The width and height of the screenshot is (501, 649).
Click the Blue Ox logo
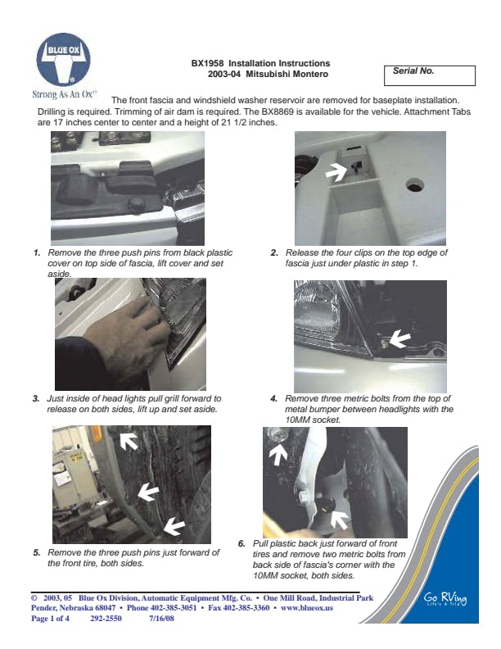pos(63,59)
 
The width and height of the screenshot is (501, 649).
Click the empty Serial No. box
pos(430,75)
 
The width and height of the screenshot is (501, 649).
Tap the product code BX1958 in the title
pos(207,63)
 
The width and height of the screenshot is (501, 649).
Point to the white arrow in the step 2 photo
pos(336,170)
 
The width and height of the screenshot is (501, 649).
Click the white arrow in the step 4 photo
pos(399,339)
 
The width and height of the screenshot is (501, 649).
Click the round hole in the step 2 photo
pos(414,185)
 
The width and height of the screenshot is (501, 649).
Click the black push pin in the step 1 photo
pos(136,203)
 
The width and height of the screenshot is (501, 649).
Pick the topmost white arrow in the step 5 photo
pos(129,441)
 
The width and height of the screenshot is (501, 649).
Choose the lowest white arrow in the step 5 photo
pos(174,526)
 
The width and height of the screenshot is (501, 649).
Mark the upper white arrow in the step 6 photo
pos(278,454)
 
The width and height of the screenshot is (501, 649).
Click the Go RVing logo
pos(445,599)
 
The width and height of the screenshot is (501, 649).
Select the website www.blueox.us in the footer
pos(307,608)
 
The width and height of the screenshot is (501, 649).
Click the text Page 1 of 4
pos(50,619)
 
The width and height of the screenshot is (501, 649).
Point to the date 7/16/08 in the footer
pos(161,619)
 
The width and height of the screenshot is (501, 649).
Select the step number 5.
pos(37,552)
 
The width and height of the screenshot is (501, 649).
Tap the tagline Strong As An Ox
pos(65,94)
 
